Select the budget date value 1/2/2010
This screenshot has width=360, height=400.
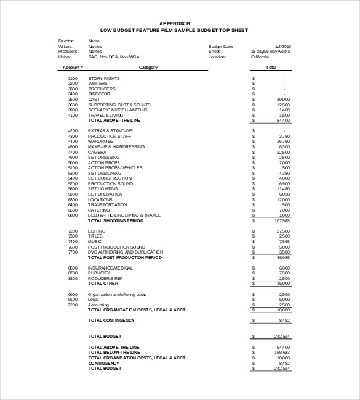283,46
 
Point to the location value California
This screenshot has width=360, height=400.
260,57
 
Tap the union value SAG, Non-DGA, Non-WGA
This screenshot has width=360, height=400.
113,57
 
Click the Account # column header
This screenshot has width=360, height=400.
73,68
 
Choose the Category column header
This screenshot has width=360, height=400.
148,68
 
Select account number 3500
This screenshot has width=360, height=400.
73,100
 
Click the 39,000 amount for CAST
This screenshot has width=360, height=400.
283,100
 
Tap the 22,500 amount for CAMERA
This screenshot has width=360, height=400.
283,152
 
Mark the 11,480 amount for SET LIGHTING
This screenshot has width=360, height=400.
283,189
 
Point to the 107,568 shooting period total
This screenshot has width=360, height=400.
281,220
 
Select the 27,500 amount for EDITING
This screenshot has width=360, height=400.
283,231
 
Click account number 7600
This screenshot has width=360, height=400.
73,247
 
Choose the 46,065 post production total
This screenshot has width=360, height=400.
283,258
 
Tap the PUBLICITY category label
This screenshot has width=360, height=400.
99,273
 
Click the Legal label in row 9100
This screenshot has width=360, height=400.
94,300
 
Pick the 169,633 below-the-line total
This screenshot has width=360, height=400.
282,353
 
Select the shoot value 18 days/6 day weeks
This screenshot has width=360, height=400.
271,52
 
